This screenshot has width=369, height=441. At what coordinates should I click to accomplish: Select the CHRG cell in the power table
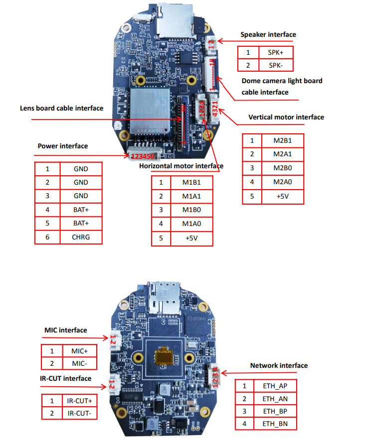pyautogui.click(x=81, y=237)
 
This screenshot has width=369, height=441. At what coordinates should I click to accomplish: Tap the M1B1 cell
pyautogui.click(x=192, y=182)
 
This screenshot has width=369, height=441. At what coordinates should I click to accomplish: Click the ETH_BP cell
pyautogui.click(x=275, y=411)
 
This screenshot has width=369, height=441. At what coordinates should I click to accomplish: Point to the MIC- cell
pyautogui.click(x=79, y=363)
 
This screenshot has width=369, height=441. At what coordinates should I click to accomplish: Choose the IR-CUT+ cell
pyautogui.click(x=80, y=400)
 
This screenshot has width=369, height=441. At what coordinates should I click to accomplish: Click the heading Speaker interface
pyautogui.click(x=268, y=35)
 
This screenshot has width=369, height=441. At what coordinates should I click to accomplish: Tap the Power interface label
pyautogui.click(x=63, y=146)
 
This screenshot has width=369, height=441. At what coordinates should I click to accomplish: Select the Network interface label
pyautogui.click(x=279, y=365)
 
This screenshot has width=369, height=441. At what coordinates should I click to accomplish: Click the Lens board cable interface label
pyautogui.click(x=62, y=108)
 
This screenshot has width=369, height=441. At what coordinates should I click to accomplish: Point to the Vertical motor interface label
pyautogui.click(x=286, y=117)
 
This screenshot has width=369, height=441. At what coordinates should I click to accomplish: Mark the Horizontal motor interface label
pyautogui.click(x=181, y=166)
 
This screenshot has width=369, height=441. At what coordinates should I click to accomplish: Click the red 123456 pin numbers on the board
pyautogui.click(x=143, y=156)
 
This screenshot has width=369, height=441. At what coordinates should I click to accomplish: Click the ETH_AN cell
pyautogui.click(x=275, y=398)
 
